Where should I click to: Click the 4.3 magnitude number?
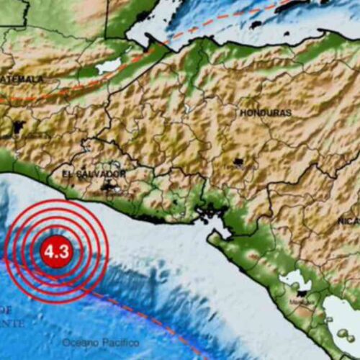(x=56, y=252)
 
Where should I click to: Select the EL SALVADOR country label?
(x=94, y=174)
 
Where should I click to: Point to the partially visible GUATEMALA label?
(x=22, y=78)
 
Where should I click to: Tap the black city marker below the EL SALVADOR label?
(x=110, y=188)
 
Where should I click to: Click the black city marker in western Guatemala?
(x=16, y=130)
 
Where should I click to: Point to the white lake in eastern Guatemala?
(x=108, y=66)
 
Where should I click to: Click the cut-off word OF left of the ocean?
(x=6, y=309)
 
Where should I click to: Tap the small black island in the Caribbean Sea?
(x=256, y=25)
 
